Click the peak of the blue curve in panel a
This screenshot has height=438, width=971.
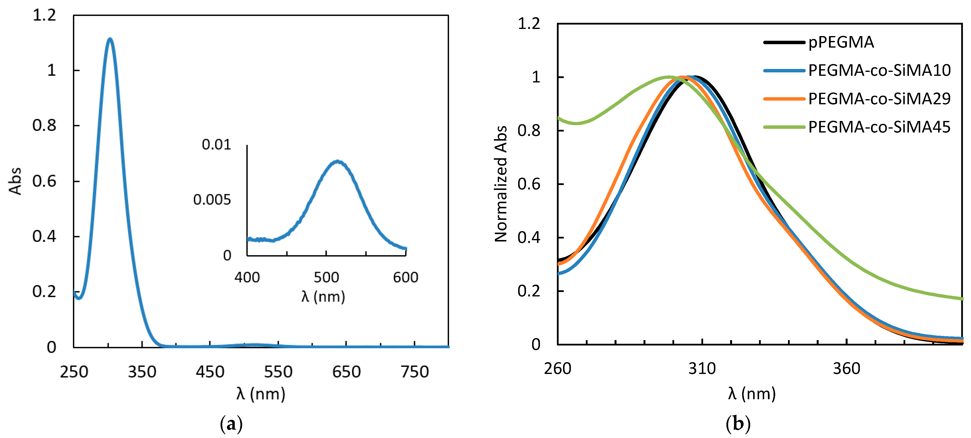pyautogui.click(x=110, y=39)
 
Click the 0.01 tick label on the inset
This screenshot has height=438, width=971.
pyautogui.click(x=216, y=145)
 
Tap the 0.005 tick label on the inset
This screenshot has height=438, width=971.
pyautogui.click(x=212, y=200)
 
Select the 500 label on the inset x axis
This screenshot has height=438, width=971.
pyautogui.click(x=326, y=278)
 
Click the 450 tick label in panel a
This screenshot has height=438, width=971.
pyautogui.click(x=210, y=372)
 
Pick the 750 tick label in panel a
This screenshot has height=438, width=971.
pyautogui.click(x=415, y=372)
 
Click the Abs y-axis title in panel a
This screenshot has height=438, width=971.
pyautogui.click(x=15, y=181)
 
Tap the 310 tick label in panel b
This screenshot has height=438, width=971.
pyautogui.click(x=702, y=369)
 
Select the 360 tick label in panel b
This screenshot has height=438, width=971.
pyautogui.click(x=846, y=369)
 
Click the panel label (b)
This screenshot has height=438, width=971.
pyautogui.click(x=738, y=424)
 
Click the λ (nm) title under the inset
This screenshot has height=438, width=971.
pyautogui.click(x=323, y=297)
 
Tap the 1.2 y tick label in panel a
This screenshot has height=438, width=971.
pyautogui.click(x=44, y=15)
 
